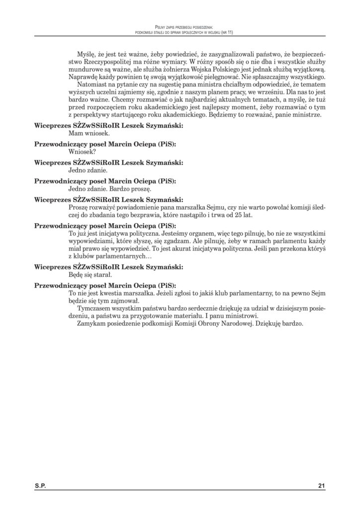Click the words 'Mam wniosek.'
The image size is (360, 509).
(86, 133)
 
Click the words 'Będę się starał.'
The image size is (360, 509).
(90, 274)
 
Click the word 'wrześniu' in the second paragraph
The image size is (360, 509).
(253, 92)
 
